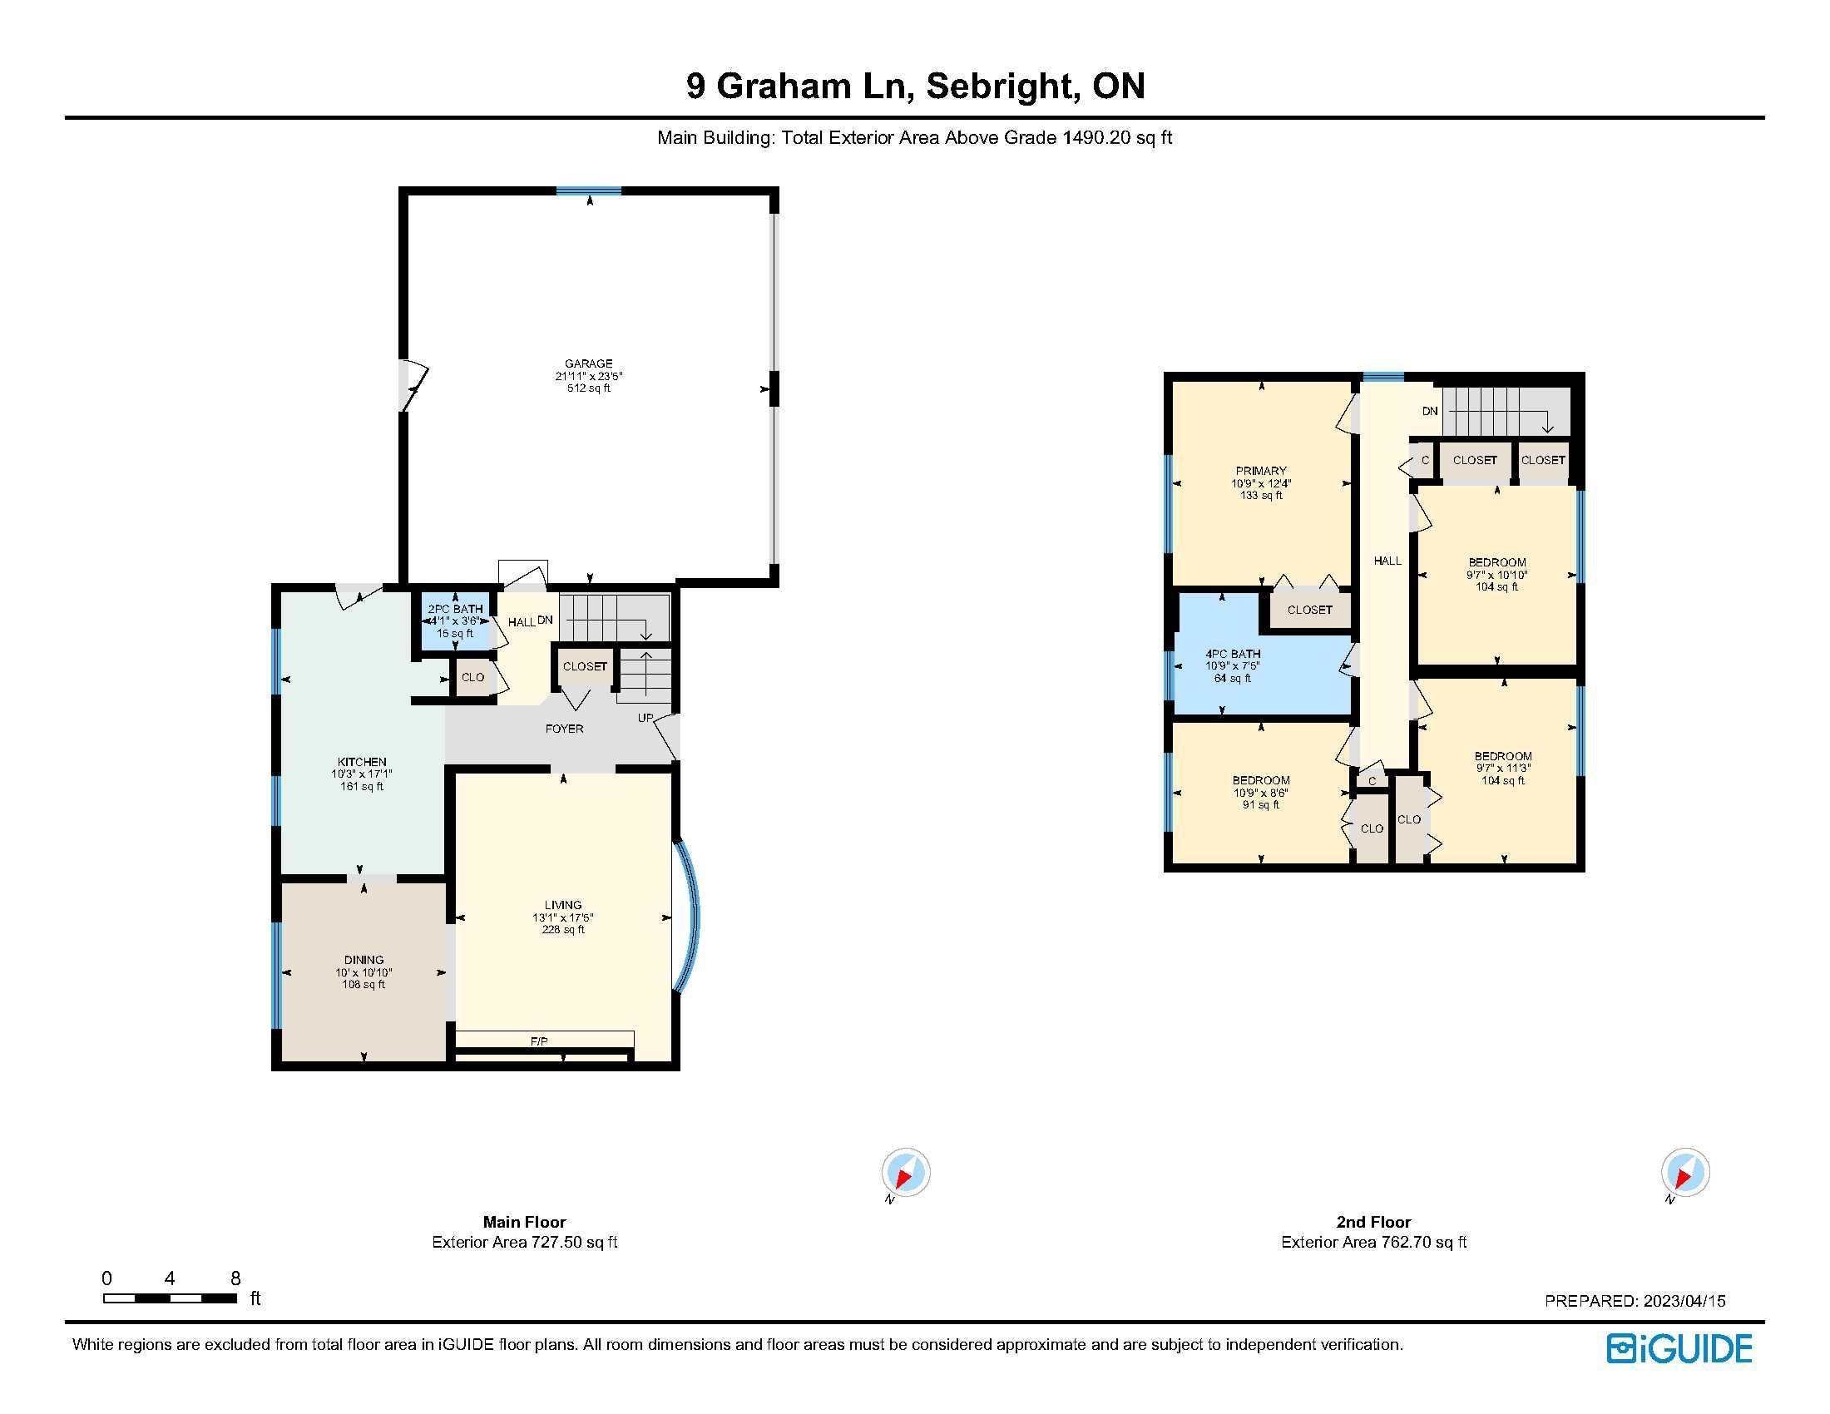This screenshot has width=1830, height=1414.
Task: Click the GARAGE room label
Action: coord(588,363)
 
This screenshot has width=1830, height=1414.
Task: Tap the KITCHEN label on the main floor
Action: coord(362,762)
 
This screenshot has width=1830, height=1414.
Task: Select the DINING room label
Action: coord(364,960)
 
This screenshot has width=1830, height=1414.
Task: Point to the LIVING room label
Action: coord(563,905)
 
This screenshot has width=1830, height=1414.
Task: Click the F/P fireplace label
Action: coord(539,1041)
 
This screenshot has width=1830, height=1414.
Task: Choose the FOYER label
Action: coord(564,729)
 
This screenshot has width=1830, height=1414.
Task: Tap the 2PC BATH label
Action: coord(455,609)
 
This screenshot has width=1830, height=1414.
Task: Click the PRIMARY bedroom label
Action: coord(1260,471)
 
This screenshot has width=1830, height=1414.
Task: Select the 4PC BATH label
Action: coord(1233,654)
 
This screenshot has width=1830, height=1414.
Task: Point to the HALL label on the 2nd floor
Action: coord(1387,561)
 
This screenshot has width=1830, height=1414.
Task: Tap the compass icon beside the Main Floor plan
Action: coord(905,1172)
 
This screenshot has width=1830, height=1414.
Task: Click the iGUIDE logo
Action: coord(1679,1348)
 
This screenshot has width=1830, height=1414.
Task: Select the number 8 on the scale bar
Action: coord(235,1278)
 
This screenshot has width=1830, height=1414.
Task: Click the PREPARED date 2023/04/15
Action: coord(1684,1301)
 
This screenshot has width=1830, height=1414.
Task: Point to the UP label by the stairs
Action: coord(645,718)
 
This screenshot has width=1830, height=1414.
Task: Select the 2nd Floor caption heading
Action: coord(1373,1222)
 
